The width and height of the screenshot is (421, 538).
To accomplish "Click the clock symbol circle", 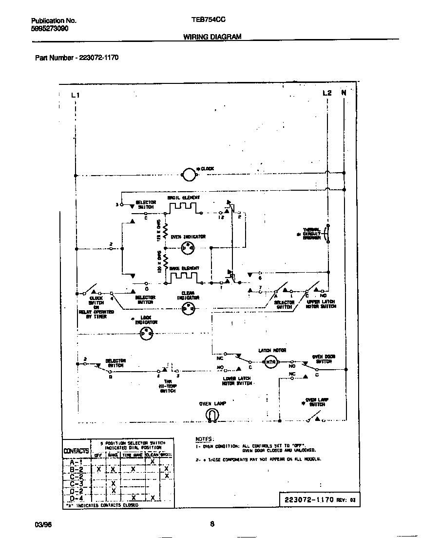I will pos(188,173).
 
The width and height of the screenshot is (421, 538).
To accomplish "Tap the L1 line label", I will pos(75,95).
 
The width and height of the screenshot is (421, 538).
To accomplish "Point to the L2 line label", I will pos(327,93).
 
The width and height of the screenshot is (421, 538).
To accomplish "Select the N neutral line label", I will pos(344,93).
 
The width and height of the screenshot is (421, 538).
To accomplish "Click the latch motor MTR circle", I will pos(270,361).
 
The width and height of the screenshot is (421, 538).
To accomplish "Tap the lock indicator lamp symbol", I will pos(146,334).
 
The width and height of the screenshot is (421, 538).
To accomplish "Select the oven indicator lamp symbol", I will pos(188,248).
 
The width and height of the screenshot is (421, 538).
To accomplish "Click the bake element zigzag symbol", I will pos(184,277).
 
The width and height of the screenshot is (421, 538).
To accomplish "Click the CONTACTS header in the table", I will pos(76,451).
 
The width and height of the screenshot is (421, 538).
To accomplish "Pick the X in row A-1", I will pos(153,461).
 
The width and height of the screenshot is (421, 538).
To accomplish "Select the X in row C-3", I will pos(113,483).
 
